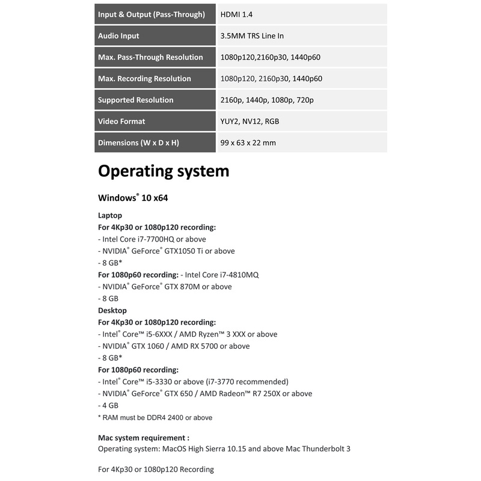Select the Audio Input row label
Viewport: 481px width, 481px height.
pos(118,36)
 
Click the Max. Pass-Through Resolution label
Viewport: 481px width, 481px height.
pos(150,57)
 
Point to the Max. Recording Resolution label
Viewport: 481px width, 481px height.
pos(144,79)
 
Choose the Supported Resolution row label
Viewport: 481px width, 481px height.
pos(135,100)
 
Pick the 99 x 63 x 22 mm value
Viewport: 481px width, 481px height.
pos(248,143)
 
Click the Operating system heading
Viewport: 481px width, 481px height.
pos(164,171)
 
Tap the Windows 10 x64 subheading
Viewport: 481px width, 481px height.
pos(133,198)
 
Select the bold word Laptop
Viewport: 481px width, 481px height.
pos(110,215)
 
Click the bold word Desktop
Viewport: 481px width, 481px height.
pos(112,310)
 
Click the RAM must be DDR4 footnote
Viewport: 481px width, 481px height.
pos(155,417)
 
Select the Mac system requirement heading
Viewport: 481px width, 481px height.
pos(144,438)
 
